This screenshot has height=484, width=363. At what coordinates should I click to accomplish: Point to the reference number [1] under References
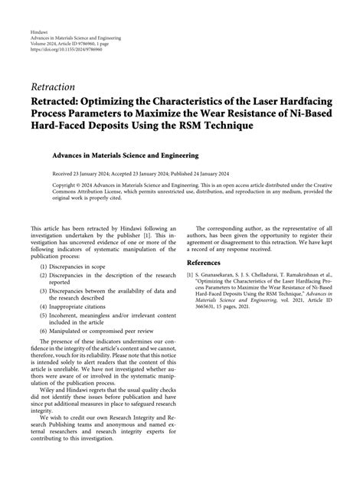[x=191, y=273]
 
